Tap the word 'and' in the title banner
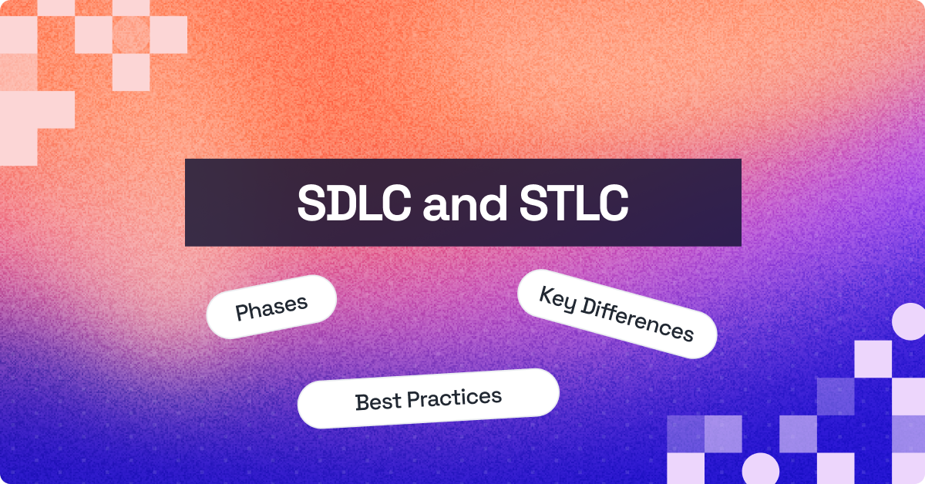click(456, 203)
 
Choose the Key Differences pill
click(617, 314)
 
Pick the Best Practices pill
click(428, 398)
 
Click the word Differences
click(637, 318)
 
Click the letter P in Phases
click(241, 313)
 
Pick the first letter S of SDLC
click(311, 203)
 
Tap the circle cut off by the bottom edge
click(759, 470)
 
